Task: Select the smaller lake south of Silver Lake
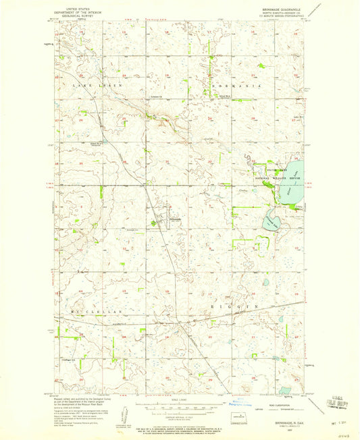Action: pyautogui.click(x=271, y=219)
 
